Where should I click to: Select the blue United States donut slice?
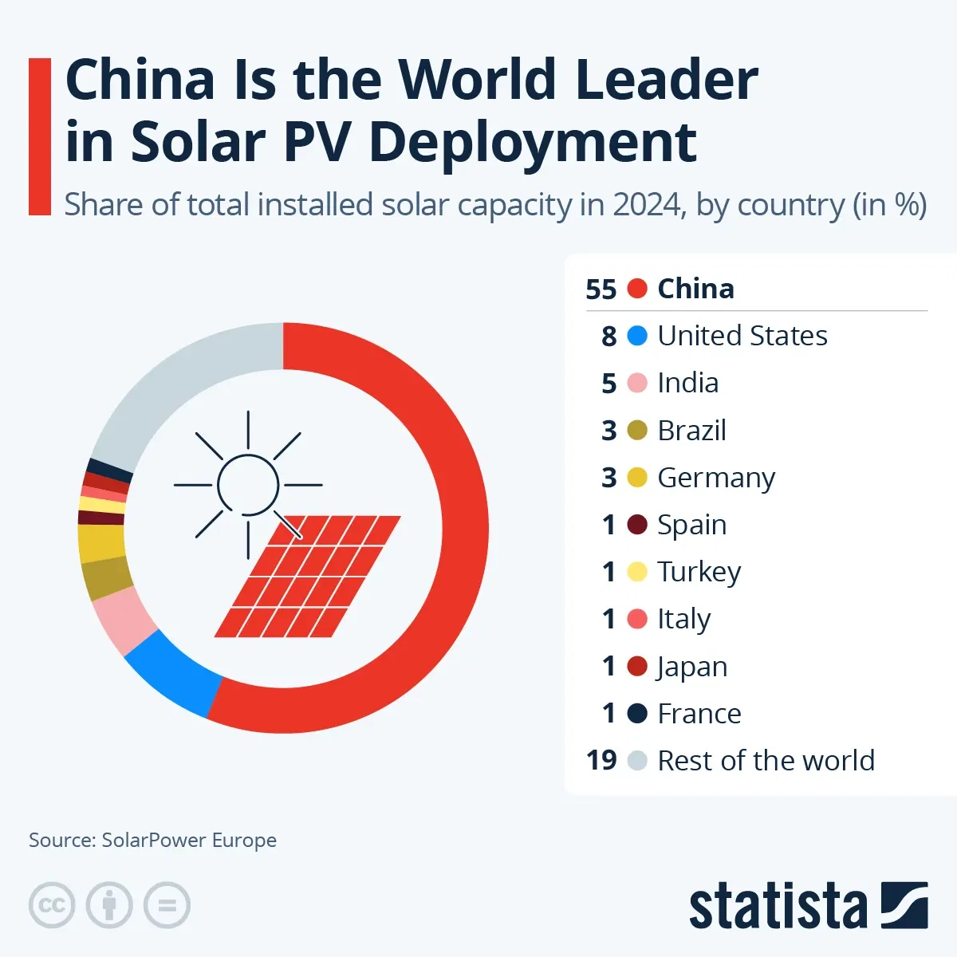171,674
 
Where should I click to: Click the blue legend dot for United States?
637,336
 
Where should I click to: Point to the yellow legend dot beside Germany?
637,478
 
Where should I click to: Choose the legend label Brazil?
691,431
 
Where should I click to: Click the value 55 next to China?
601,289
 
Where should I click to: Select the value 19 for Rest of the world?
601,761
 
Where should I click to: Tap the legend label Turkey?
699,572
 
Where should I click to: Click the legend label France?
699,714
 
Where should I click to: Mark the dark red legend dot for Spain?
637,525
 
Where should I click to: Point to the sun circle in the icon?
248,484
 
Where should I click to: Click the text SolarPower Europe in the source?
189,840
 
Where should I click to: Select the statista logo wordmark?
778,907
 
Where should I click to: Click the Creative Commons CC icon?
52,905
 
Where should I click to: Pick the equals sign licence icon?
167,905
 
